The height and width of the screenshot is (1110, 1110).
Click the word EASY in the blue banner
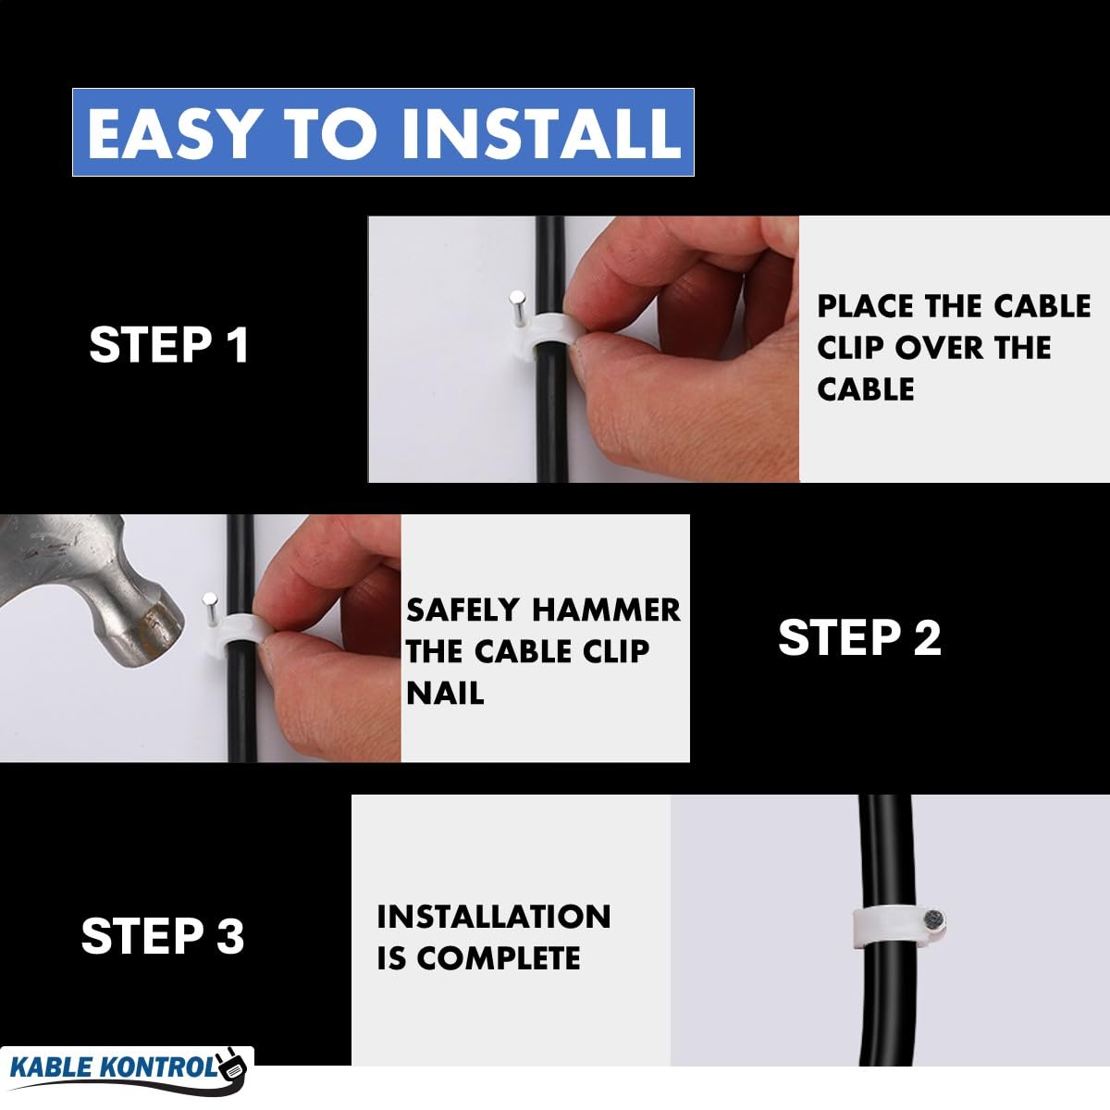click(171, 132)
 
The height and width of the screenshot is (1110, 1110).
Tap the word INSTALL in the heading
click(541, 132)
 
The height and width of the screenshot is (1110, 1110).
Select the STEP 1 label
click(168, 344)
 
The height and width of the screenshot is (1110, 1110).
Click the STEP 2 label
click(859, 637)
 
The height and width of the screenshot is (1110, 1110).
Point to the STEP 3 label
click(163, 935)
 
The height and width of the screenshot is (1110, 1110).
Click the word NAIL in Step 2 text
click(445, 693)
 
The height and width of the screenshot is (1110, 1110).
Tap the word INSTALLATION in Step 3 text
click(494, 917)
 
